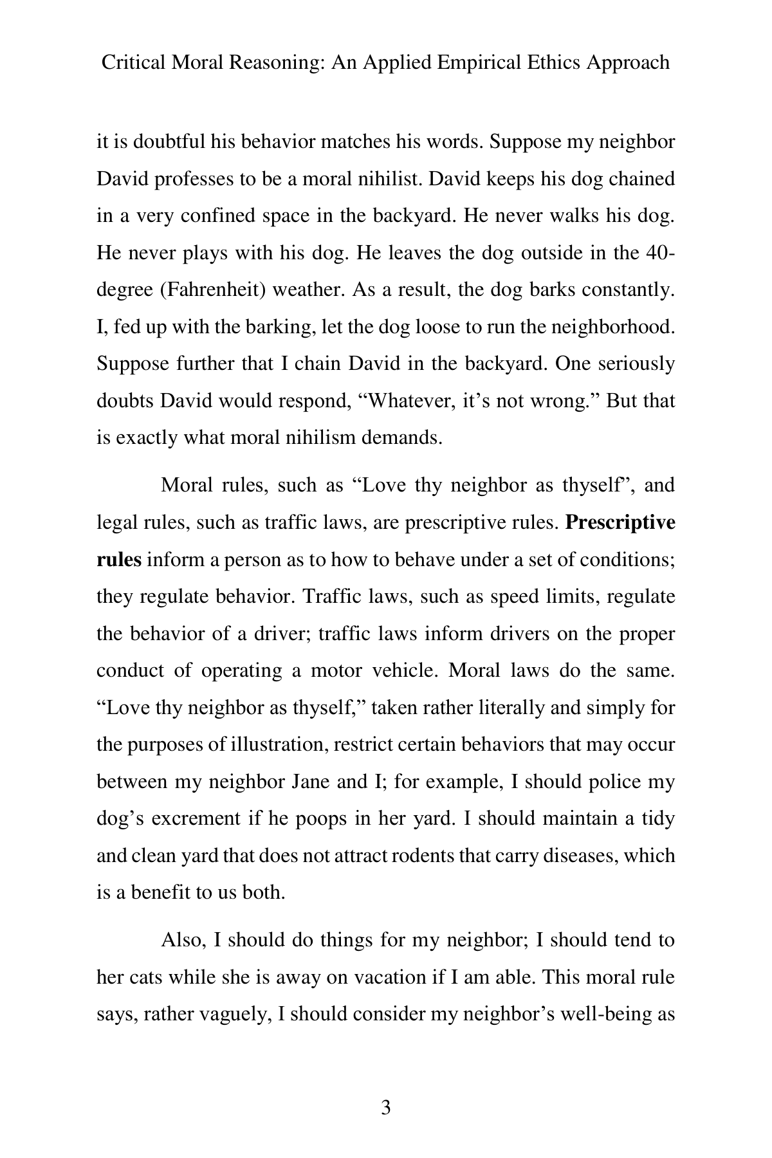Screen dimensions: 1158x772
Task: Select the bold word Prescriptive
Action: [x=620, y=522]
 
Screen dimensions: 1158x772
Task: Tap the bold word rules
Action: [x=118, y=560]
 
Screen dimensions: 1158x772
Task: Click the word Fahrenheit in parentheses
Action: [x=212, y=289]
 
